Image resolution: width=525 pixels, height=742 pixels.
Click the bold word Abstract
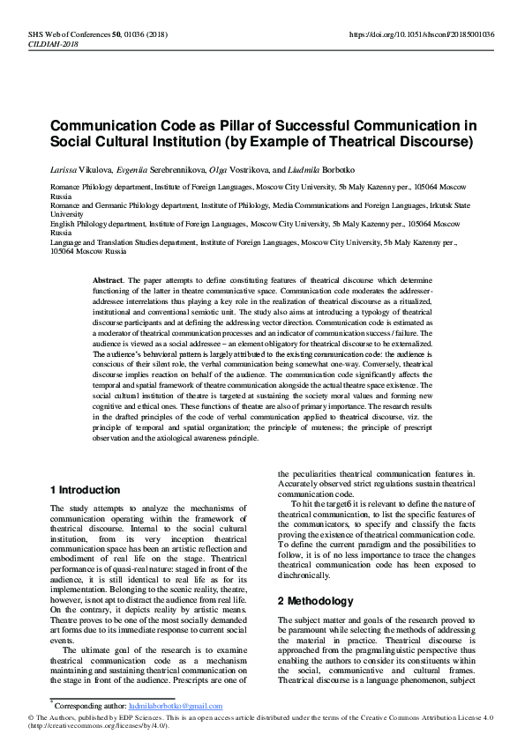pos(108,278)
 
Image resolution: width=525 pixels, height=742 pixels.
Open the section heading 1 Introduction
pos(85,490)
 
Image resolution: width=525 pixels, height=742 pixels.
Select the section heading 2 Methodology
pos(315,601)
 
